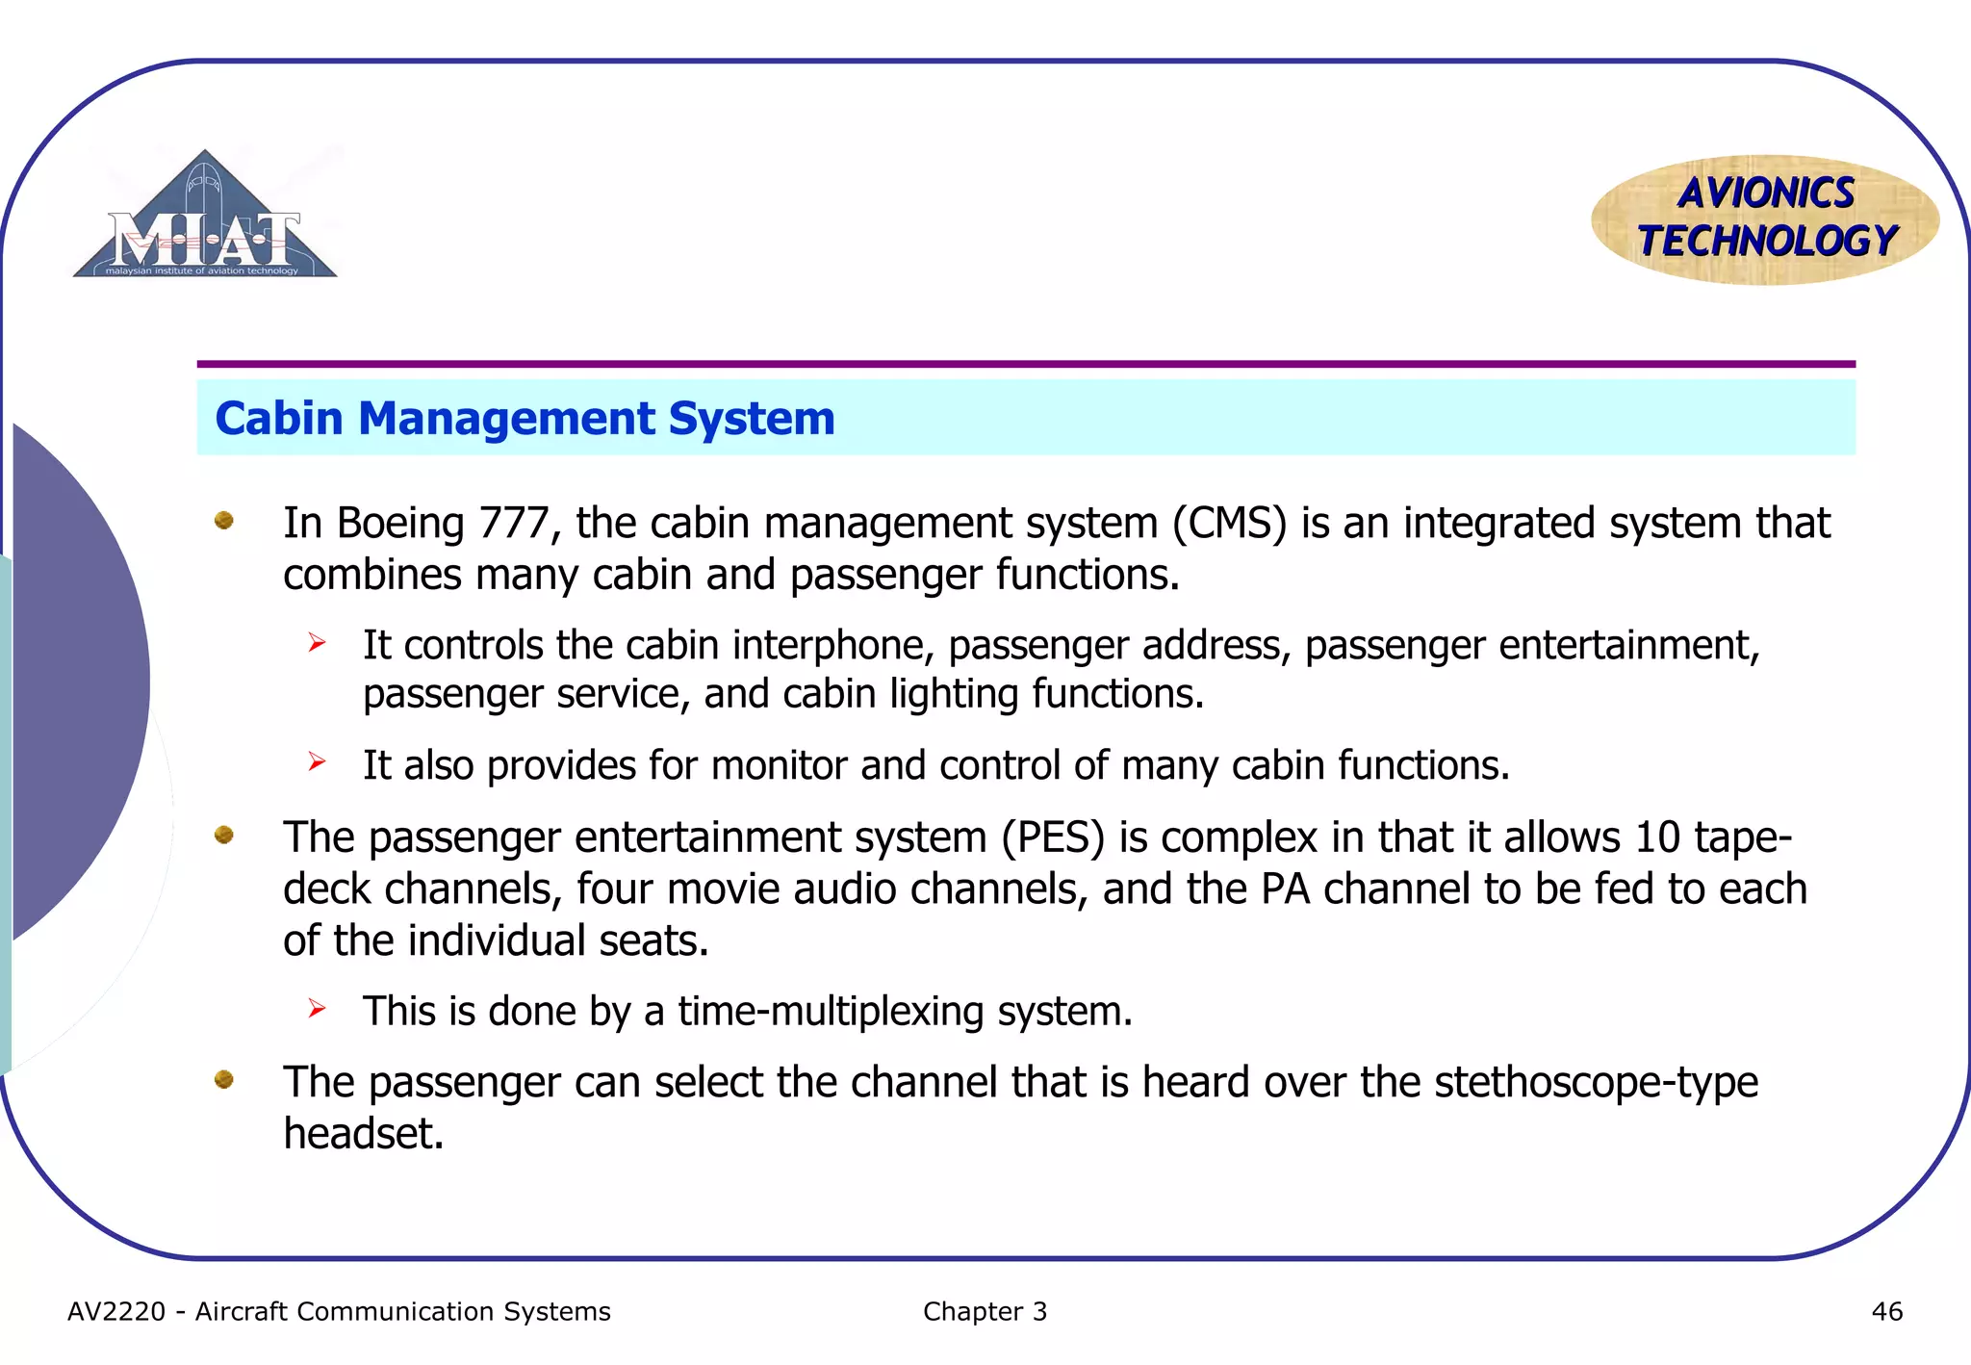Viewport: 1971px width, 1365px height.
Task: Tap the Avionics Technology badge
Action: pyautogui.click(x=1765, y=219)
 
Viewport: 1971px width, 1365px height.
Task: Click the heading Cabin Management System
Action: pyautogui.click(x=525, y=418)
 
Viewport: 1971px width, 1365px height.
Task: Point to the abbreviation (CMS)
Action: pyautogui.click(x=1229, y=524)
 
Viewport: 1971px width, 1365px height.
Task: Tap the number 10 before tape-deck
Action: pyautogui.click(x=1657, y=837)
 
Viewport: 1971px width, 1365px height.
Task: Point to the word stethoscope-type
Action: pyautogui.click(x=1596, y=1082)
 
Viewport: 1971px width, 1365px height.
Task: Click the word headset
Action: pyautogui.click(x=363, y=1134)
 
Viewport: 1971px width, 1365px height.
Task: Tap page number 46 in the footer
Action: pyautogui.click(x=1886, y=1312)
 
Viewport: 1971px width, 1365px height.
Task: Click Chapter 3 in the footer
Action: pyautogui.click(x=985, y=1312)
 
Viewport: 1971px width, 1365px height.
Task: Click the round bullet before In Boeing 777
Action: pyautogui.click(x=224, y=521)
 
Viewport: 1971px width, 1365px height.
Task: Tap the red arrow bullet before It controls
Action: pyautogui.click(x=318, y=642)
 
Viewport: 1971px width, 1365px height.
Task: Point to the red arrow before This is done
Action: pyautogui.click(x=318, y=1009)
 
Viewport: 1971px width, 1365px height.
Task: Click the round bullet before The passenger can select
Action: pyautogui.click(x=224, y=1079)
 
